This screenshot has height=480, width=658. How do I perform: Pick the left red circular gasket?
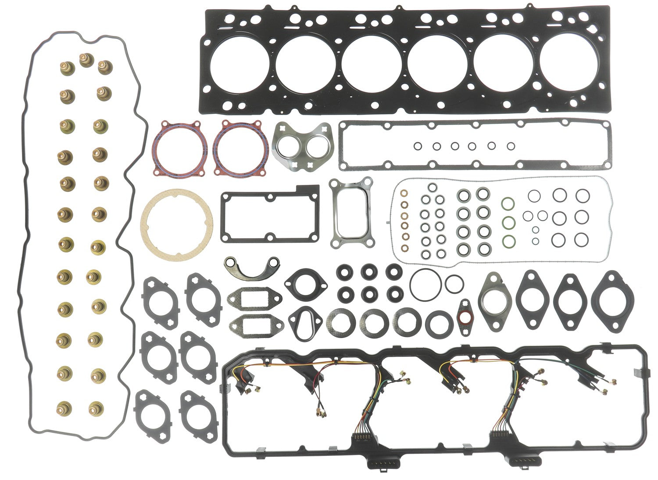(179, 145)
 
